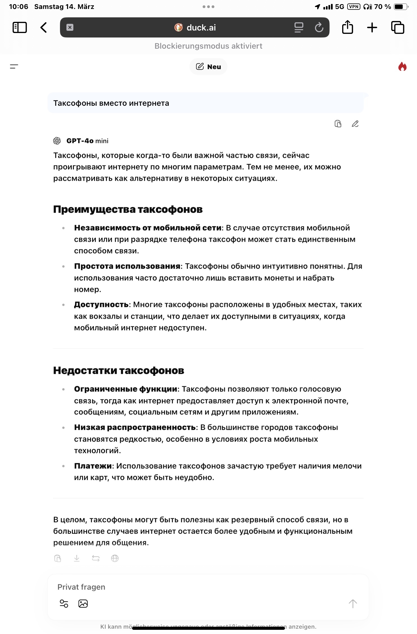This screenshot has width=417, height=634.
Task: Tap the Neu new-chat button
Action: (x=208, y=67)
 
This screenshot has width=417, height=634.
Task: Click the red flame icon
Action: (x=402, y=67)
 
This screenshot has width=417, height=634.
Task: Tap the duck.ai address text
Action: (x=201, y=27)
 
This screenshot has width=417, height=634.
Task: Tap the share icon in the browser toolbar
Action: (x=347, y=27)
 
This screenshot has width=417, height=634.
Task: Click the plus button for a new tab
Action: (x=372, y=27)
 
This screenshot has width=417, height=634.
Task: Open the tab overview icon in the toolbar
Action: (x=397, y=27)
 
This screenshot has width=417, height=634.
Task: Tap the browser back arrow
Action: (x=43, y=27)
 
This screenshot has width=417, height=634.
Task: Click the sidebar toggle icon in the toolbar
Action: (x=20, y=27)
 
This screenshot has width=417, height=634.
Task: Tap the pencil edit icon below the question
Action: (x=355, y=124)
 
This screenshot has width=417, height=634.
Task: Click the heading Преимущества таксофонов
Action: (x=128, y=209)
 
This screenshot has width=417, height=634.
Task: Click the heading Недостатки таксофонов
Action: (x=119, y=370)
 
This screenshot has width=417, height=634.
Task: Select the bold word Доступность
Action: (x=101, y=304)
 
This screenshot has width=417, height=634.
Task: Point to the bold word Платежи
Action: (x=93, y=466)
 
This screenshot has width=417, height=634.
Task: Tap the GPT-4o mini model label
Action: (x=87, y=141)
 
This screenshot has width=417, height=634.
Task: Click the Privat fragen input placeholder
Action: (x=81, y=587)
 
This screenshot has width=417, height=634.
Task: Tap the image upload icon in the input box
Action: (x=83, y=604)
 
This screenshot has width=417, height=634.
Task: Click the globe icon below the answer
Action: (x=115, y=558)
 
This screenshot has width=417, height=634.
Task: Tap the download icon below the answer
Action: (x=77, y=558)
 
